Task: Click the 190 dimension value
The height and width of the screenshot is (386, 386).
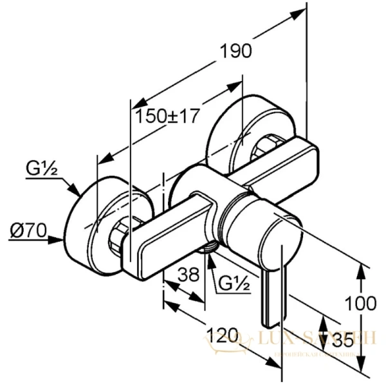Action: [x=235, y=52]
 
